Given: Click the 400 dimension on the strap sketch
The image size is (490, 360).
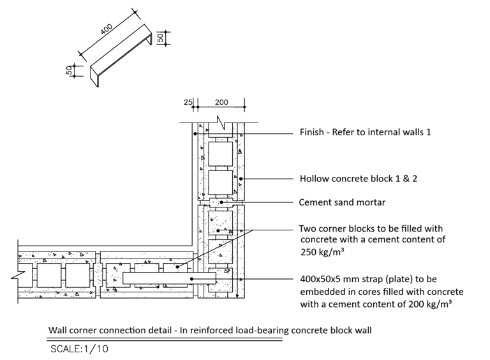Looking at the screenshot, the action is [107, 29].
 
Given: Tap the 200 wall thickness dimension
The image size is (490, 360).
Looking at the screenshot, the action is [221, 102].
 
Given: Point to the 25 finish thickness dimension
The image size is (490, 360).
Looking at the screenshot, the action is [188, 102].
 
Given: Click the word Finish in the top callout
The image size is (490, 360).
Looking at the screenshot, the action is [311, 132].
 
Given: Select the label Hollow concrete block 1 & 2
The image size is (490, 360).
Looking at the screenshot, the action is [359, 179].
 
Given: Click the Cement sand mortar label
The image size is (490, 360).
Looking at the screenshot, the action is [342, 202].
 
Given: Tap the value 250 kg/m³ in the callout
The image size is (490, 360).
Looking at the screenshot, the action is [322, 251].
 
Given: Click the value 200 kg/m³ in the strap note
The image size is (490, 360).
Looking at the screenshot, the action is [430, 304].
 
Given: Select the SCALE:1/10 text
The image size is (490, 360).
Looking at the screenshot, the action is [79, 349].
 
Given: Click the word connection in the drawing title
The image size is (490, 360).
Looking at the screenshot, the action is [122, 330].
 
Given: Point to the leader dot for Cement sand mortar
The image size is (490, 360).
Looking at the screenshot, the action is [221, 202].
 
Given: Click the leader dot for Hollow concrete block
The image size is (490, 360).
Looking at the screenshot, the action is [241, 179].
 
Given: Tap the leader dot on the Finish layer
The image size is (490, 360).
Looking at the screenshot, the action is [195, 134].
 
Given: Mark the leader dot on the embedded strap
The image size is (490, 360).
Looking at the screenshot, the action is [192, 279].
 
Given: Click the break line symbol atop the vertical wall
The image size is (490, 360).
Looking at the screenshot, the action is [221, 123].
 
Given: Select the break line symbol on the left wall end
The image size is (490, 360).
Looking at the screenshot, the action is [18, 275].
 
